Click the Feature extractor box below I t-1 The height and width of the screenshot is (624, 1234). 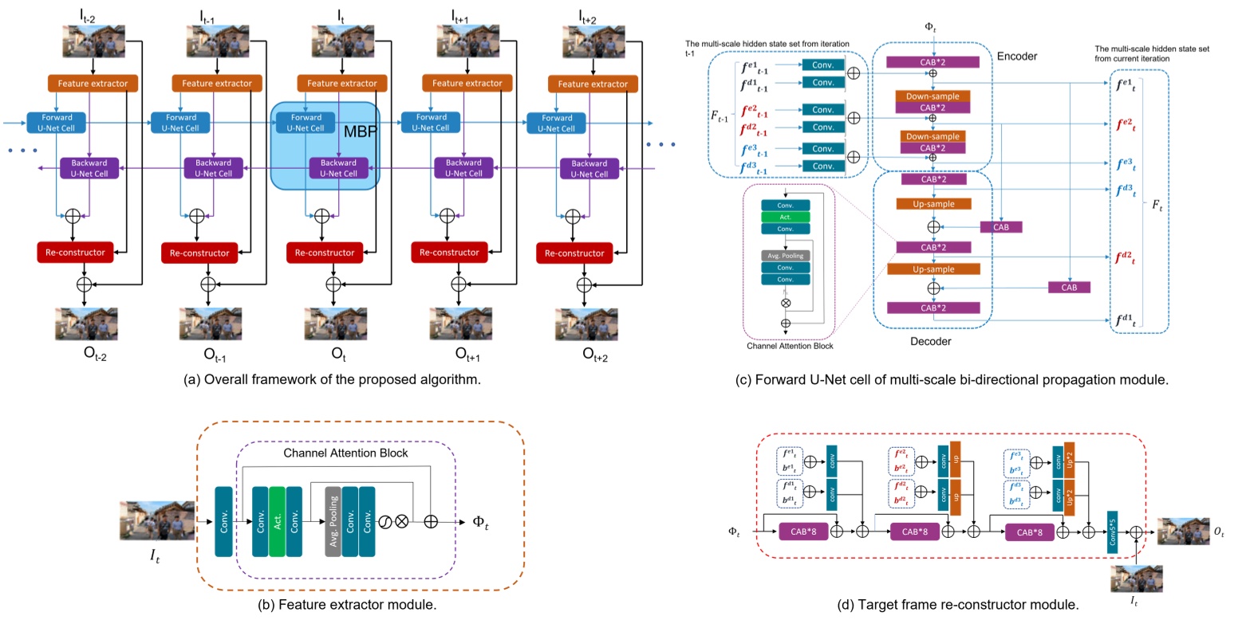coord(217,83)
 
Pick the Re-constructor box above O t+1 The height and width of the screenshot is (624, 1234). coord(450,253)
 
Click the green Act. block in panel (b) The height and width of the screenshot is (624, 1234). coord(277,521)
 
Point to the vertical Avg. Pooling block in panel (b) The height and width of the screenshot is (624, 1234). coord(333,521)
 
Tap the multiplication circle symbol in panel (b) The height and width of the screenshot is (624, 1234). coord(402,521)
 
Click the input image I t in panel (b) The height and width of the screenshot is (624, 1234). coord(156,521)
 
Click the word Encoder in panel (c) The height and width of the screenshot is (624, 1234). coord(1017,57)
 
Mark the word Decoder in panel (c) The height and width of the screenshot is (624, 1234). coord(931,341)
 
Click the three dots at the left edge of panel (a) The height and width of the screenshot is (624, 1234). coord(23,151)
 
